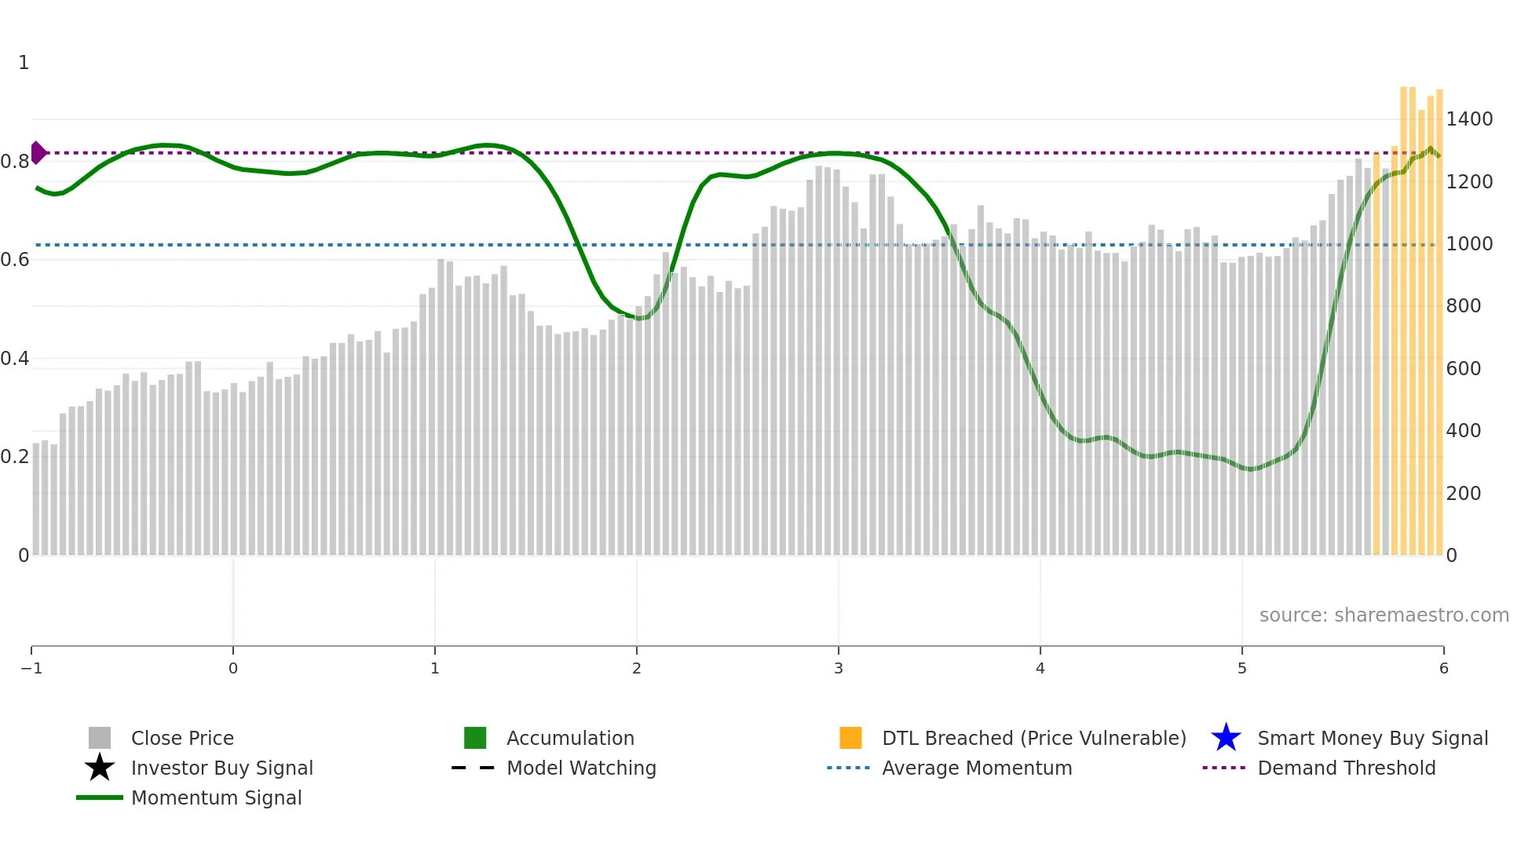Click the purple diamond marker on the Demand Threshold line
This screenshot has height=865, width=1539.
[x=38, y=152]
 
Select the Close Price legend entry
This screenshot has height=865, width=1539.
[x=181, y=738]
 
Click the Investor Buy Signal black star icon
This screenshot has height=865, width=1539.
[x=100, y=768]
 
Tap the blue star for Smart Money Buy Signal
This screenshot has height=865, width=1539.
[x=1226, y=738]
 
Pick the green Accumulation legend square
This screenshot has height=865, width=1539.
[x=475, y=738]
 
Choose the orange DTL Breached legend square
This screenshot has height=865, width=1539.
[x=850, y=738]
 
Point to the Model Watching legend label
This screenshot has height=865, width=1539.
[x=581, y=768]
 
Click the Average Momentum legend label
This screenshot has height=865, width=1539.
[x=977, y=768]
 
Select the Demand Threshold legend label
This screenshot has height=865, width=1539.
[x=1346, y=768]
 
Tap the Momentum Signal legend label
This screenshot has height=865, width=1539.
[x=216, y=797]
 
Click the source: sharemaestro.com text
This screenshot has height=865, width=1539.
[x=1384, y=615]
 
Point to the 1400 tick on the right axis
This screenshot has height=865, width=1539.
[x=1469, y=119]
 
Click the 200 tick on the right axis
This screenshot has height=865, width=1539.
[x=1463, y=493]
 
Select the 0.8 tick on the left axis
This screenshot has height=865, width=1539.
[x=15, y=162]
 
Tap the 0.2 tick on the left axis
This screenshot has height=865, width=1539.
[x=15, y=457]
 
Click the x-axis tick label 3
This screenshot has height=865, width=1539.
[x=838, y=668]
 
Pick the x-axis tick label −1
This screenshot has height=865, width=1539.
[x=31, y=668]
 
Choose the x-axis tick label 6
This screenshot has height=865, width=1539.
[x=1443, y=668]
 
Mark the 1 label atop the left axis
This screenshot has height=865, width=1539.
[x=24, y=63]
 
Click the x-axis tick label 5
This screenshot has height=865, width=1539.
[x=1241, y=668]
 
